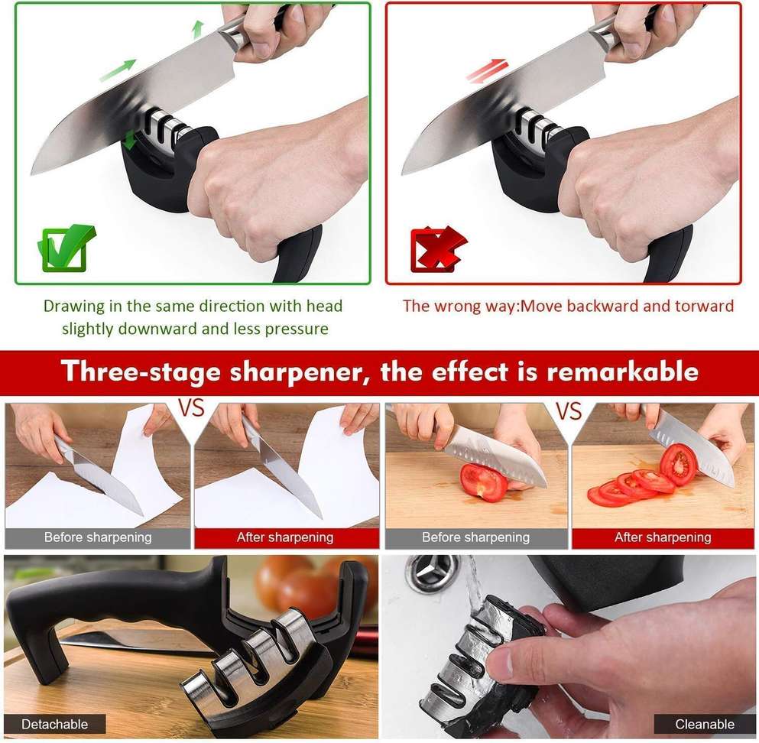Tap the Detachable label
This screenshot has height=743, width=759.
pyautogui.click(x=54, y=724)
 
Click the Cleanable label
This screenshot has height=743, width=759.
pyautogui.click(x=705, y=724)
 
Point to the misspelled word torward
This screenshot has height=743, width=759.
pyautogui.click(x=704, y=307)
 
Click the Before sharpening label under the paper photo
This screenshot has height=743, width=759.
pyautogui.click(x=98, y=537)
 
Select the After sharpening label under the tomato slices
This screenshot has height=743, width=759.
pyautogui.click(x=663, y=537)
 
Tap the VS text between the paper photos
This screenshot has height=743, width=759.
pyautogui.click(x=192, y=408)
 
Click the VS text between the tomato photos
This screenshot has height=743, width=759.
pyautogui.click(x=569, y=412)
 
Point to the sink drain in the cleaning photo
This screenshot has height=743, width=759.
pyautogui.click(x=433, y=573)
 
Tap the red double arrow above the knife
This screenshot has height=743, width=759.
pyautogui.click(x=487, y=70)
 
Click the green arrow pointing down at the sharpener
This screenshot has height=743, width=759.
pyautogui.click(x=130, y=140)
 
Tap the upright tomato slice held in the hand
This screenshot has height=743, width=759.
pyautogui.click(x=678, y=463)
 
